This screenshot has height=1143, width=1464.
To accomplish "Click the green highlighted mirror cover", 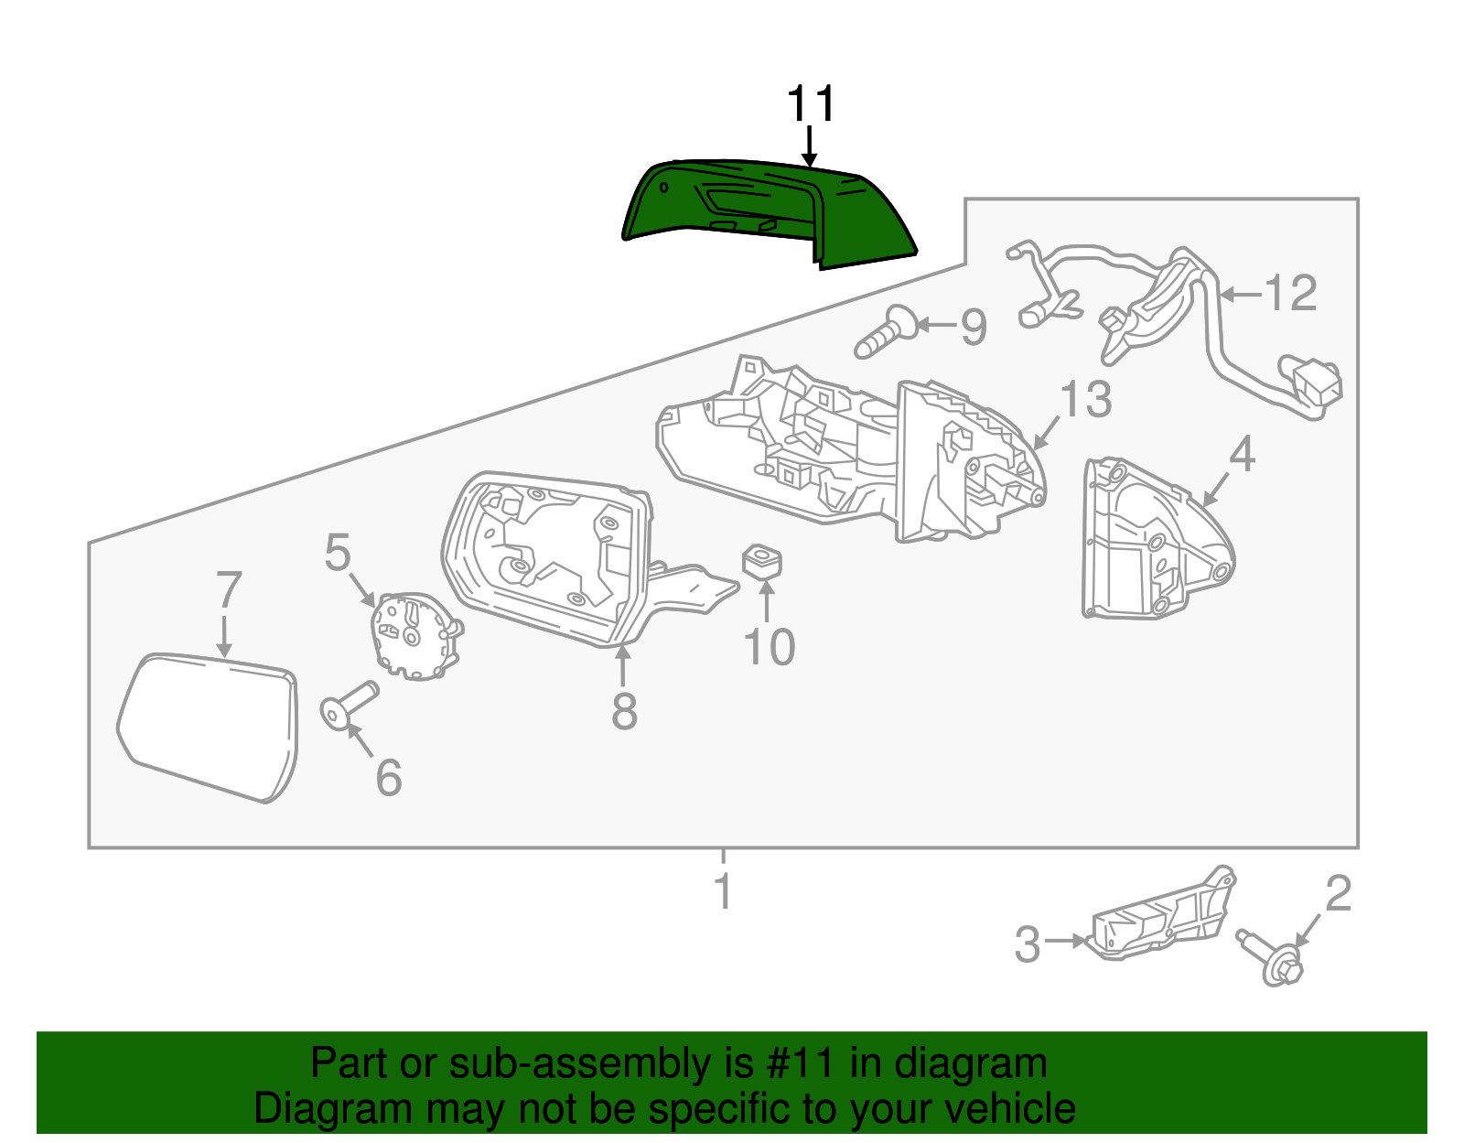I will [769, 210].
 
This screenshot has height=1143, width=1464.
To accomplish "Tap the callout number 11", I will [811, 104].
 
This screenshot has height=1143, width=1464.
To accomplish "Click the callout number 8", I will [624, 711].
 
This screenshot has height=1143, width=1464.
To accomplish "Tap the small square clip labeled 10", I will [761, 560].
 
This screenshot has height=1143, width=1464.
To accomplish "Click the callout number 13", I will [1085, 399].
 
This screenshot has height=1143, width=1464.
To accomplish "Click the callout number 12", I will [1290, 294].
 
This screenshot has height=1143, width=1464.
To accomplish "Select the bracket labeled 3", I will [1162, 920].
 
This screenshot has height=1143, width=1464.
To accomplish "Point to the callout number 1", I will [723, 891].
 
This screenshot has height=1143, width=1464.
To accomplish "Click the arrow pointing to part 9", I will [935, 324].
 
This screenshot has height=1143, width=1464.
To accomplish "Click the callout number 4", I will [1242, 455].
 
